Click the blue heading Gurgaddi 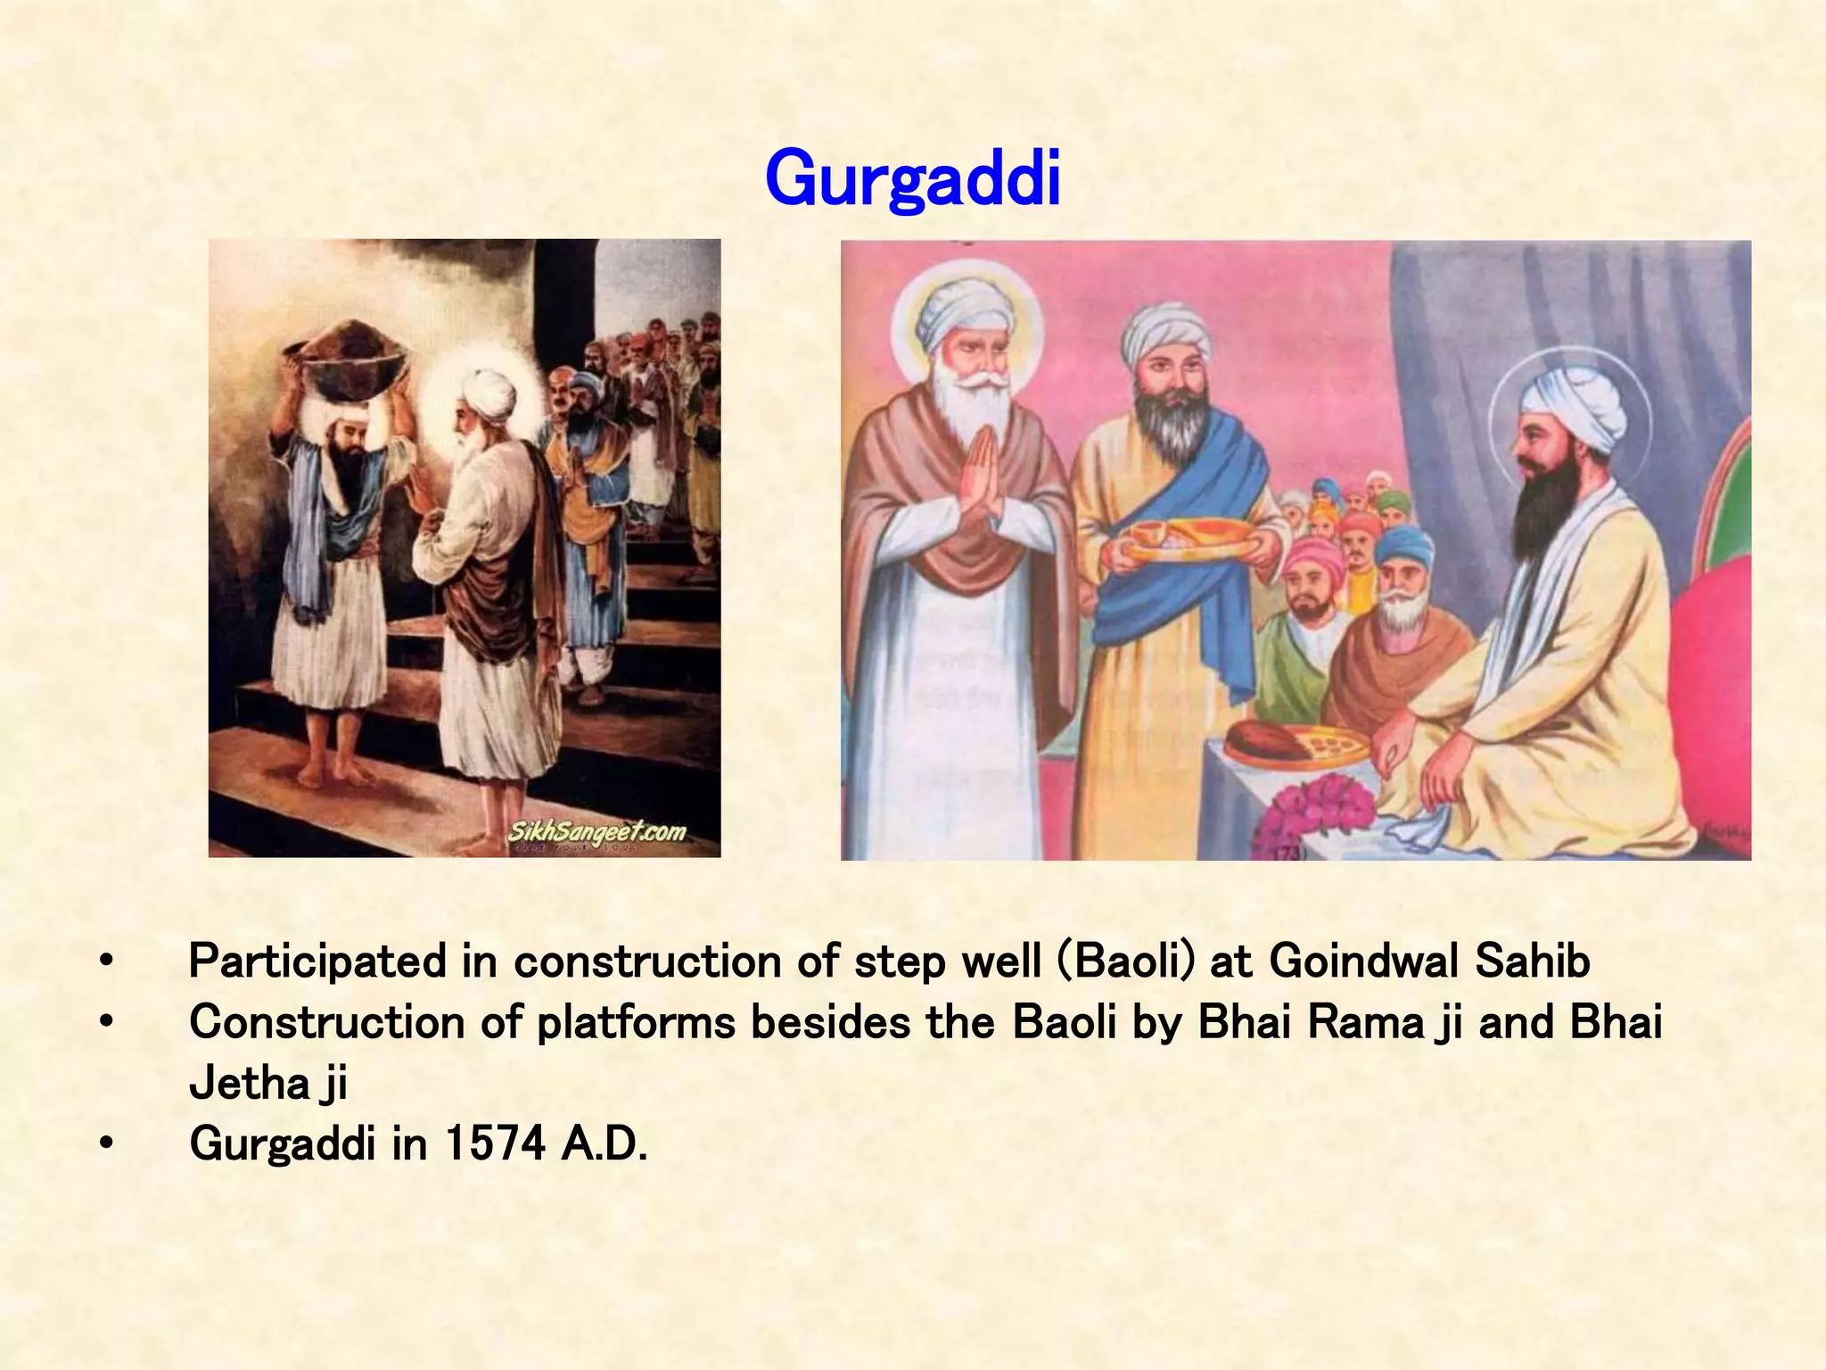pyautogui.click(x=912, y=178)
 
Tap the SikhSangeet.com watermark pyautogui.click(x=596, y=831)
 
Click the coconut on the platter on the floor pyautogui.click(x=1257, y=740)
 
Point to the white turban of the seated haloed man pyautogui.click(x=1574, y=410)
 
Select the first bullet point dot pyautogui.click(x=106, y=961)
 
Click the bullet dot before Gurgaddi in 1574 pyautogui.click(x=106, y=1143)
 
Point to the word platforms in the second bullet pyautogui.click(x=636, y=1022)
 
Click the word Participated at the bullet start pyautogui.click(x=317, y=961)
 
